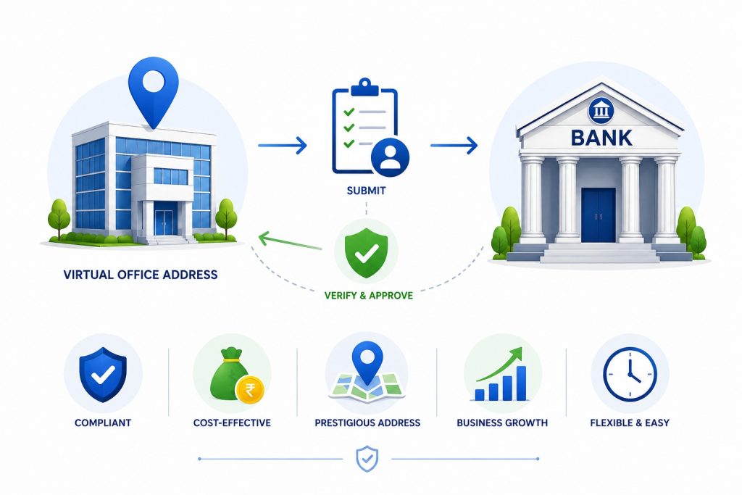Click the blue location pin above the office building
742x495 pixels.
click(154, 90)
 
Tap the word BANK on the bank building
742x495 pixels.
click(601, 138)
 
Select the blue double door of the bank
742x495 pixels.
click(598, 215)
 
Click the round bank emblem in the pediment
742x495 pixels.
click(601, 112)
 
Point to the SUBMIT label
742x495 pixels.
click(366, 191)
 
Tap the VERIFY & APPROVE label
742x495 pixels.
click(369, 295)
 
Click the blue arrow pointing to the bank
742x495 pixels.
click(454, 145)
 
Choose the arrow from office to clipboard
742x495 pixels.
click(283, 145)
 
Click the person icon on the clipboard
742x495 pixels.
click(390, 157)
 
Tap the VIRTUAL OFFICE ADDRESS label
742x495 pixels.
click(141, 275)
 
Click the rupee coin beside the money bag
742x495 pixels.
click(250, 389)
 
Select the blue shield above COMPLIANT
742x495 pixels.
click(103, 375)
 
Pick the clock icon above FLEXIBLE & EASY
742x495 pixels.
click(630, 374)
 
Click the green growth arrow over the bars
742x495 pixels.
click(500, 365)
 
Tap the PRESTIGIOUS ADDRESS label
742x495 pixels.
click(367, 423)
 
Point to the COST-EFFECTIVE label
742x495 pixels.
click(232, 423)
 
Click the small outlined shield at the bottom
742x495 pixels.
click(367, 459)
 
